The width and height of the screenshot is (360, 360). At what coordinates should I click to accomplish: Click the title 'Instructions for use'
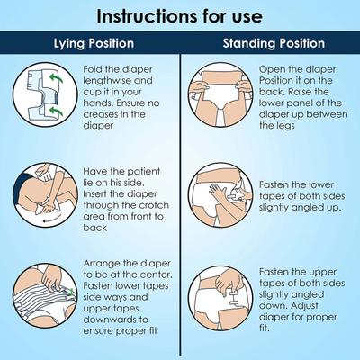point(180,16)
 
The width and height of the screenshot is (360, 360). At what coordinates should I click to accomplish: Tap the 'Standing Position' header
point(269,42)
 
